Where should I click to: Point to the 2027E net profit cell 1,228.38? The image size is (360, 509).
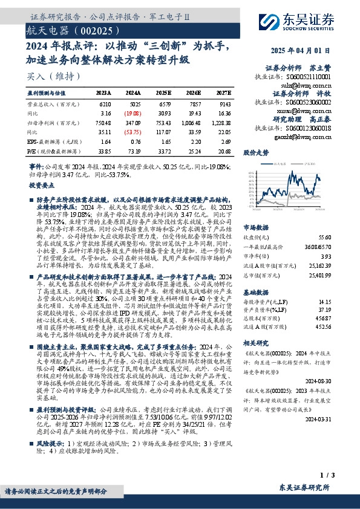pos(220,122)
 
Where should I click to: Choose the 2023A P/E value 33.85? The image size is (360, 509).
pos(103,149)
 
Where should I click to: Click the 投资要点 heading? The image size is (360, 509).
pos(42,186)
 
